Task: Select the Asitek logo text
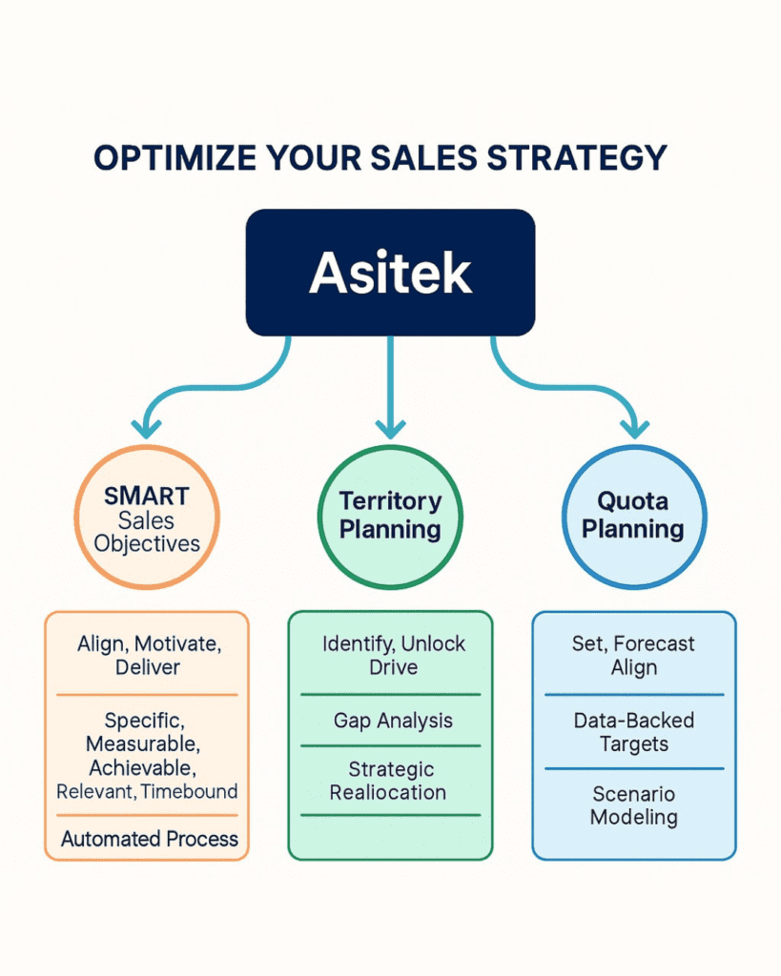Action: tap(391, 273)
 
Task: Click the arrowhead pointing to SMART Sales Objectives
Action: tap(146, 429)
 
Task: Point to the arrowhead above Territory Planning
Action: tap(391, 429)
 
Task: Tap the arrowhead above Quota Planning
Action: tap(635, 429)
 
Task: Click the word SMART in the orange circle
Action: tap(146, 496)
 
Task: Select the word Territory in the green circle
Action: tap(391, 501)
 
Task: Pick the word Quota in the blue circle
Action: tap(633, 501)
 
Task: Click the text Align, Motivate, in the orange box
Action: tap(150, 644)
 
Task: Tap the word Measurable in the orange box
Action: tap(142, 743)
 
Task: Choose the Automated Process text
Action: tap(150, 839)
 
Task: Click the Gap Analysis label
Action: tap(393, 721)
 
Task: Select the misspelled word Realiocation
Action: tap(388, 792)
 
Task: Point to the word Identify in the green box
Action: tap(358, 644)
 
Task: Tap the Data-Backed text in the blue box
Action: tap(634, 721)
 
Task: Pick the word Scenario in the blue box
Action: tap(634, 794)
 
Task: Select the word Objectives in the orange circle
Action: tap(147, 544)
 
